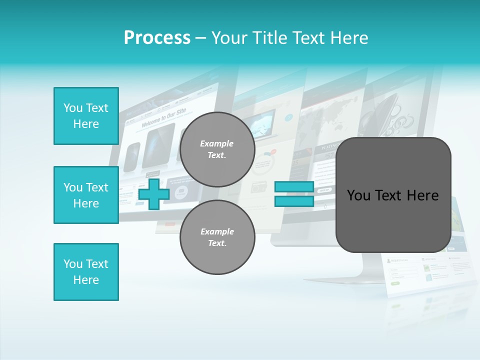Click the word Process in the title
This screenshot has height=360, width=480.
click(157, 38)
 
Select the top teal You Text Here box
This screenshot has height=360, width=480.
click(86, 116)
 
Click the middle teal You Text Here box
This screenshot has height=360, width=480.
click(86, 195)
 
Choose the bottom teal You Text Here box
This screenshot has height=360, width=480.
click(86, 272)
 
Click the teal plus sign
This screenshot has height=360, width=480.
click(154, 194)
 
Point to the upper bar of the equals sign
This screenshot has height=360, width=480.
click(294, 187)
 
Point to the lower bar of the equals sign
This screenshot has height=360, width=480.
click(294, 201)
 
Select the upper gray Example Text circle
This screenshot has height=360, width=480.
click(217, 149)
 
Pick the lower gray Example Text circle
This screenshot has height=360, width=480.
click(217, 237)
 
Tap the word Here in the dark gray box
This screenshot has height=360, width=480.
click(422, 195)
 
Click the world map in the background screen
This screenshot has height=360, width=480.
click(332, 118)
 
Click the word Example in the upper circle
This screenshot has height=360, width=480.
click(217, 143)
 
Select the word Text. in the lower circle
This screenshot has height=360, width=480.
click(217, 243)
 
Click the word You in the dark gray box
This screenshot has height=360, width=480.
click(358, 195)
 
